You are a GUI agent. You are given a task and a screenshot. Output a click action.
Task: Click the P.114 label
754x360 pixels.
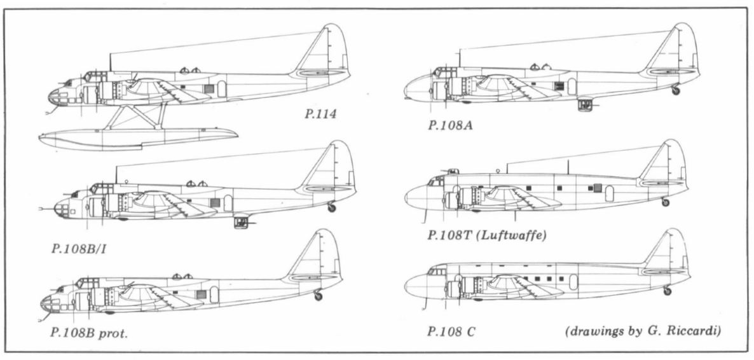tap(320, 115)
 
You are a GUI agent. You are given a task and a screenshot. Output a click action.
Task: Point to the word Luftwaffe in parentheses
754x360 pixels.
tap(516, 235)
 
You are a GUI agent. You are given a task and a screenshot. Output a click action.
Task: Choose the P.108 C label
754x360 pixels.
tap(452, 332)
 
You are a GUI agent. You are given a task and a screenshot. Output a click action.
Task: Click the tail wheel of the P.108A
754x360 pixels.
tap(675, 91)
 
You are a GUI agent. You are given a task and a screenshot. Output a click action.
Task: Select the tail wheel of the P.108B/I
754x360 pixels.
tap(331, 207)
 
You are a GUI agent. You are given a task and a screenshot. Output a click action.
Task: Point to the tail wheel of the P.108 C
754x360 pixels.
tap(666, 291)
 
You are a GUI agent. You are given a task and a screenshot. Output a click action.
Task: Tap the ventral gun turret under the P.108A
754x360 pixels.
tap(586, 104)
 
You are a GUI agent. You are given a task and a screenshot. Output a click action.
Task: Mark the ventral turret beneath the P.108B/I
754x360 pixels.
tap(242, 221)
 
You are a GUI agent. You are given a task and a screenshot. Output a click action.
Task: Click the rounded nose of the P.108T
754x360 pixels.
tap(416, 198)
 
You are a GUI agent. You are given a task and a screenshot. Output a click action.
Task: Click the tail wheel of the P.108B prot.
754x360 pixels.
tap(319, 296)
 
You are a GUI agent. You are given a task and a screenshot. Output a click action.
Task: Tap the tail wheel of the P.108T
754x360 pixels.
tap(665, 202)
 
